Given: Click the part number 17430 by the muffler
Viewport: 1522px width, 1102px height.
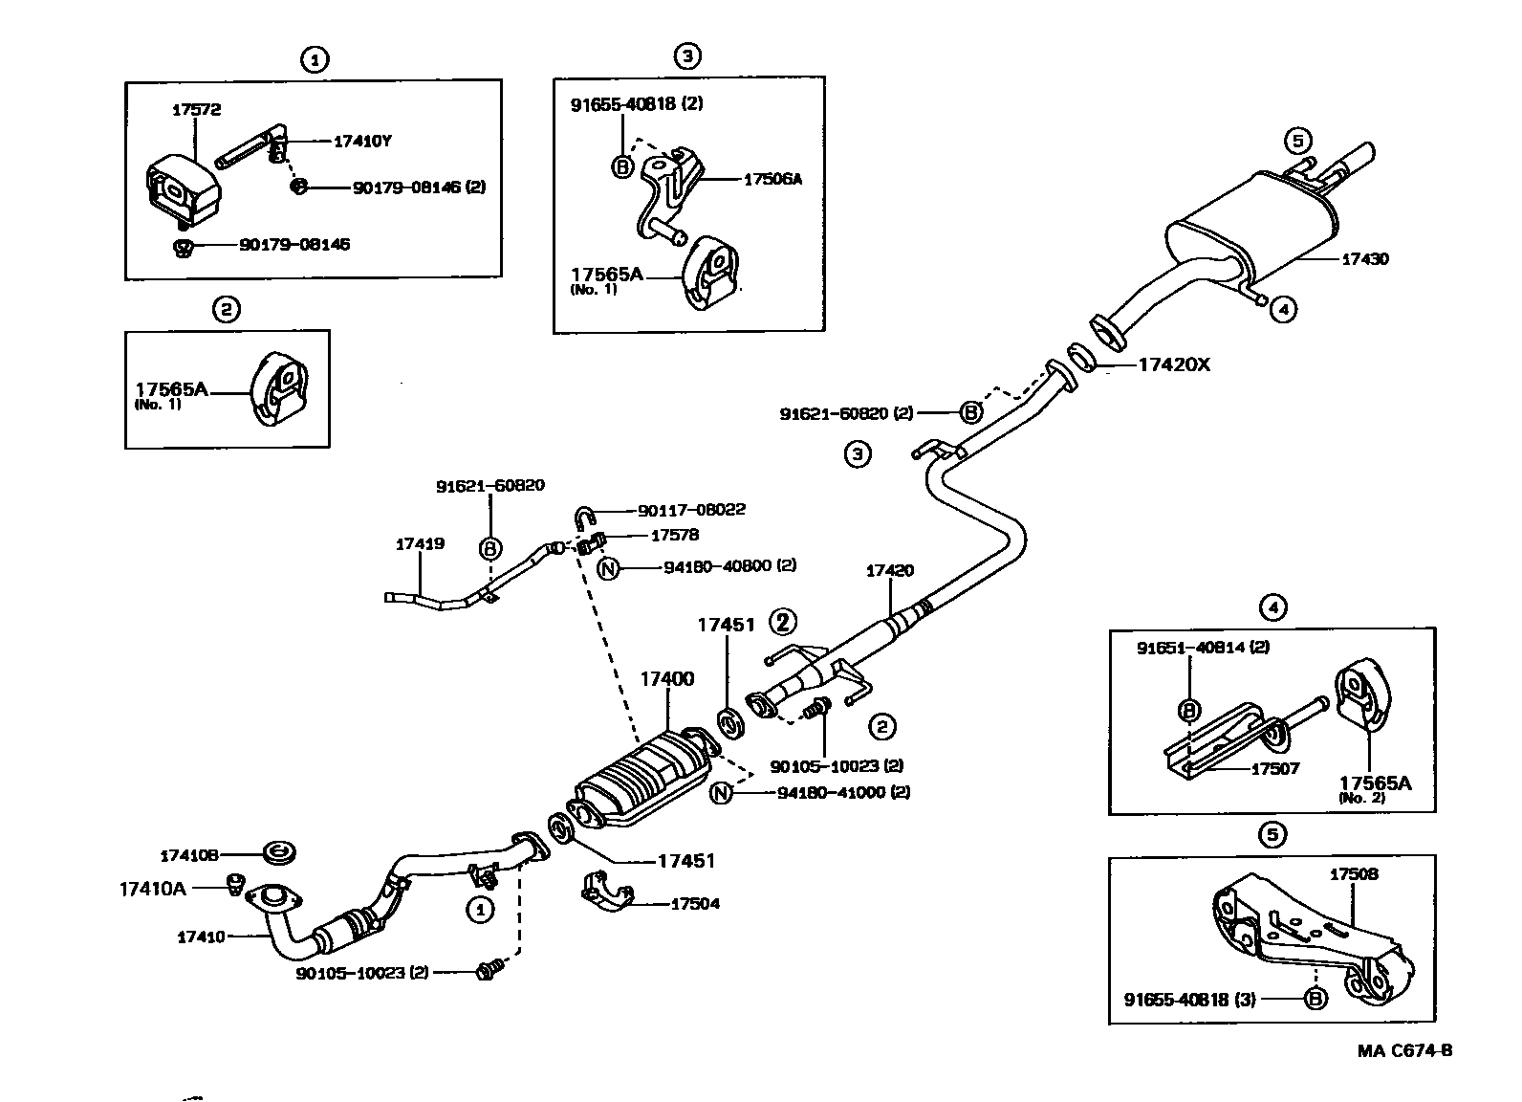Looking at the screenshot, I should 1365,259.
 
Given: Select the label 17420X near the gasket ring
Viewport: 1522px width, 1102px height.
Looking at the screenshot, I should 1173,364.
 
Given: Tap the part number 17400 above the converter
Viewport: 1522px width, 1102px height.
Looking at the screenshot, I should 666,679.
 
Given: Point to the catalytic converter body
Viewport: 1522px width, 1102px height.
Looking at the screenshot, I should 641,780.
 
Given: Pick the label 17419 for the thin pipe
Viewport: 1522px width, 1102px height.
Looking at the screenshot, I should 420,544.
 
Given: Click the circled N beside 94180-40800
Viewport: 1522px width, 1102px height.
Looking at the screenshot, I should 609,567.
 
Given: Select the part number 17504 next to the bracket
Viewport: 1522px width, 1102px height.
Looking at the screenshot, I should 695,904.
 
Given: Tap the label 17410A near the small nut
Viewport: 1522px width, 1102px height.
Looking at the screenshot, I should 152,889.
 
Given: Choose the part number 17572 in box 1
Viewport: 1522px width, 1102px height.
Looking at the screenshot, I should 196,110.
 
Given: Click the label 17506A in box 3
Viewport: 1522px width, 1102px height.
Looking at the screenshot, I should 772,179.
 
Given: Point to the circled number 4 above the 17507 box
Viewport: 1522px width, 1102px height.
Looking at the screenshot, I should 1272,606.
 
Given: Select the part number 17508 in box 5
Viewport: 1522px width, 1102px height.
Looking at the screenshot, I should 1355,874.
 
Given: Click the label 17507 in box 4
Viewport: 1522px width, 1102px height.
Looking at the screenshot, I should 1275,768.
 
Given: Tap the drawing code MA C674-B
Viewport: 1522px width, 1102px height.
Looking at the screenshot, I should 1404,1050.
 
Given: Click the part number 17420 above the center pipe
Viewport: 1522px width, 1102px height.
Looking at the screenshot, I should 890,571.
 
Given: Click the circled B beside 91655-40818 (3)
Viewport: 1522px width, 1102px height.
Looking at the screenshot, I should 1316,999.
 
